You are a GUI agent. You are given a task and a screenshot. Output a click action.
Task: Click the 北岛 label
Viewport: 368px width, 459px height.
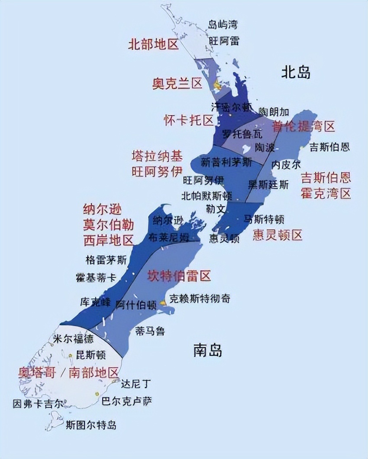coord(296,72)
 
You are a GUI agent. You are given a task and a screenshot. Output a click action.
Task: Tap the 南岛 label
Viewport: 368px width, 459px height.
coord(208,350)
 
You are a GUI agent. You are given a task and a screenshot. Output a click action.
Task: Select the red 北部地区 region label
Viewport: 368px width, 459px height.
coord(154,44)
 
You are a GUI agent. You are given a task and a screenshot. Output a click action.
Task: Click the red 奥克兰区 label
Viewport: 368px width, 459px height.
coord(178,83)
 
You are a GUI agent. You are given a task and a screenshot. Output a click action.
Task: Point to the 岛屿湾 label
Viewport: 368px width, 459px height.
coord(223,25)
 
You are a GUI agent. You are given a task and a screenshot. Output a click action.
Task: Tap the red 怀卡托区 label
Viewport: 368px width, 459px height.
coord(189,120)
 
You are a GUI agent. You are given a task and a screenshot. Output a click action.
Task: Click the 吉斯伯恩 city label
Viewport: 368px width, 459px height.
coord(329,147)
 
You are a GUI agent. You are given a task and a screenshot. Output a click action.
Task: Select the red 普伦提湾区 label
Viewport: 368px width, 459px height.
coord(303,126)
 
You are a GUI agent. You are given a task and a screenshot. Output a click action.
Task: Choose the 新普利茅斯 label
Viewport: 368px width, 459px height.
coord(226,163)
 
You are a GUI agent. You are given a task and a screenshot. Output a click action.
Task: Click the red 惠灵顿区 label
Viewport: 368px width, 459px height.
coord(278,235)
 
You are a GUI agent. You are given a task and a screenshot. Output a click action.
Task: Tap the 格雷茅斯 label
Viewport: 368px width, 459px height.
coord(107,260)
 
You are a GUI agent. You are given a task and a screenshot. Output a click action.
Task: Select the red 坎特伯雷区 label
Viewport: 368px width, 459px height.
coord(179,276)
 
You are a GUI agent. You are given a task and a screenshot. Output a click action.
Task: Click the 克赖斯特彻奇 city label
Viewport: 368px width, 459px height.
coord(200,298)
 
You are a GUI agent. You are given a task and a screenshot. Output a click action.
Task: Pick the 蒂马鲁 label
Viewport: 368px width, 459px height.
coord(150,332)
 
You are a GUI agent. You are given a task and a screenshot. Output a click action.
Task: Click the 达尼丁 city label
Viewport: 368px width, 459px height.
coord(136,384)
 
